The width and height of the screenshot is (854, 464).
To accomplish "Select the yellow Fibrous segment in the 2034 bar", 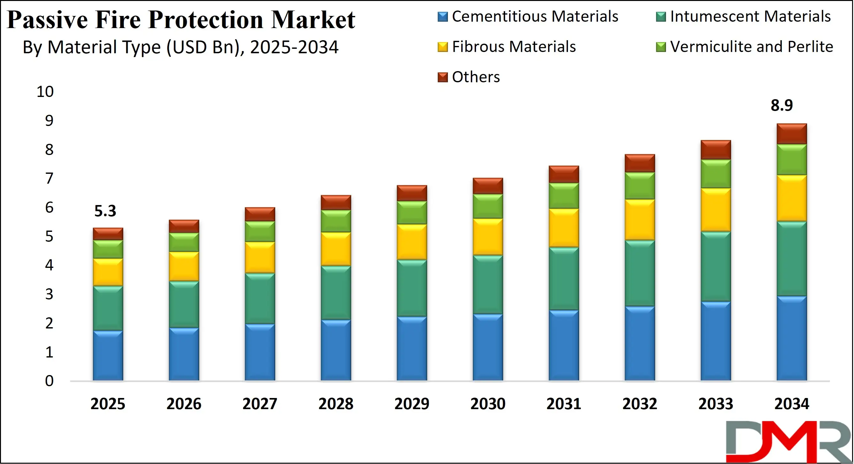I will click(x=792, y=198).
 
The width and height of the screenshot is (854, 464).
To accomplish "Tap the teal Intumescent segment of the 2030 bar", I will click(x=488, y=284).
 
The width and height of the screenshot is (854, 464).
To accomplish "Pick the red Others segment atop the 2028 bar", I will click(x=336, y=203).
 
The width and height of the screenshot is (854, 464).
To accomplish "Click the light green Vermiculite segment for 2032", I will click(x=640, y=186).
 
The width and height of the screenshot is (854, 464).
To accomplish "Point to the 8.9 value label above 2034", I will click(x=782, y=105).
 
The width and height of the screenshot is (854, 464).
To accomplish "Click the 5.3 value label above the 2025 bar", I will click(x=105, y=211).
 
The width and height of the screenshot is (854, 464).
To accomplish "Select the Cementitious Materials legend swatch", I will click(x=442, y=17).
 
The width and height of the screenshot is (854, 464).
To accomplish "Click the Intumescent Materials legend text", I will click(x=750, y=17).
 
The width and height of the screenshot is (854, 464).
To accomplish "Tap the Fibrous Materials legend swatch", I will click(x=442, y=47).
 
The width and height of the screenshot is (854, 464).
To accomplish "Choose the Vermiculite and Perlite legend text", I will click(x=752, y=47).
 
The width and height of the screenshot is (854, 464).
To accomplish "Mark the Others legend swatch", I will click(x=442, y=77).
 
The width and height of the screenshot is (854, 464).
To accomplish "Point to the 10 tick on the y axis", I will click(x=45, y=92).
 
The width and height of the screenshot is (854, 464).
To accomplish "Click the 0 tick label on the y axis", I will click(x=49, y=381).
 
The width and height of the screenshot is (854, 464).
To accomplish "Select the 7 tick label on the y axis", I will click(x=49, y=179).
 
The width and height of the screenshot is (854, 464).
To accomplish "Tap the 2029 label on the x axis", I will click(x=412, y=404).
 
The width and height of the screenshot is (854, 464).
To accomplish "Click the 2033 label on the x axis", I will click(x=716, y=404).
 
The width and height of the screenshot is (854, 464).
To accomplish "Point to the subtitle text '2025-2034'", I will click(x=294, y=47).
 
